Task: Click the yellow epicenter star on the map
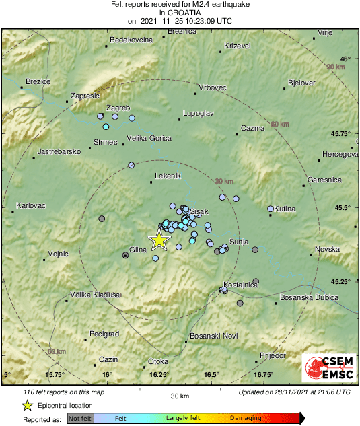[159, 240]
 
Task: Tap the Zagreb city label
[118, 108]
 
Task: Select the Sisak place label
[199, 212]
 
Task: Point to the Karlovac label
[30, 205]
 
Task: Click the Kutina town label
[285, 209]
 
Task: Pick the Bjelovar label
[301, 83]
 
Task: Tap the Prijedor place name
[273, 355]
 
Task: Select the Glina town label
[138, 250]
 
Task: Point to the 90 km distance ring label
[334, 67]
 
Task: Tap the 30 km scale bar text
[180, 395]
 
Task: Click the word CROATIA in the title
[179, 12]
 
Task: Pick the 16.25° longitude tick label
[159, 375]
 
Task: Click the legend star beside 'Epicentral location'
[28, 405]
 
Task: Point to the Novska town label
[328, 250]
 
